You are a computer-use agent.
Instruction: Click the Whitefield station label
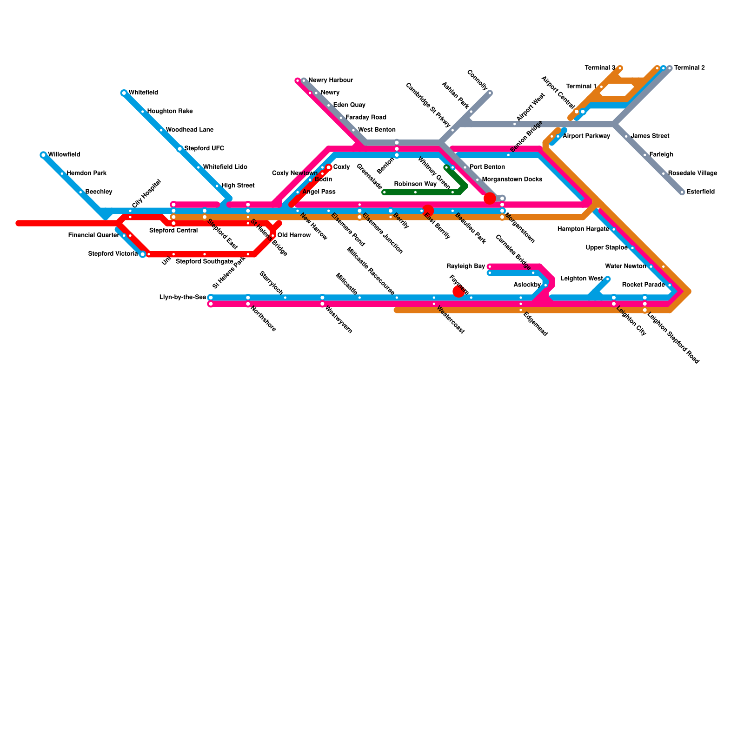143,93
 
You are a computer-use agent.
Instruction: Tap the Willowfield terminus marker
43,155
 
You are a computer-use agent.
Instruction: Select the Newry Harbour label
331,80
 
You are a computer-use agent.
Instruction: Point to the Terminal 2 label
690,68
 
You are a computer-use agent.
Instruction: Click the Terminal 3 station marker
620,68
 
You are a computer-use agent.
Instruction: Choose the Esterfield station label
700,192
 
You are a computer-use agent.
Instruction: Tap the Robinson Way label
415,184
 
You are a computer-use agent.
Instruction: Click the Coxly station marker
329,167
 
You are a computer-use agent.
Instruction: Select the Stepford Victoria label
113,254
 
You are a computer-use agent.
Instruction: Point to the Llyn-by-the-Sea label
182,298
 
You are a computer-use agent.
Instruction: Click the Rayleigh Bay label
465,266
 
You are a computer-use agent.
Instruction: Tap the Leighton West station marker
607,279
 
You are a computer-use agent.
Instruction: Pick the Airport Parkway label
586,136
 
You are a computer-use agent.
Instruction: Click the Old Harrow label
294,235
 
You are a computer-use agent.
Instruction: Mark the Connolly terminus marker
490,93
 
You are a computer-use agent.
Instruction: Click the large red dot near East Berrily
428,210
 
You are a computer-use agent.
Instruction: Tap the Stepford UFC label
204,149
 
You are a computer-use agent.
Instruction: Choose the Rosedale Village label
692,173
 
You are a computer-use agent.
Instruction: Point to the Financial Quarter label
93,235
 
